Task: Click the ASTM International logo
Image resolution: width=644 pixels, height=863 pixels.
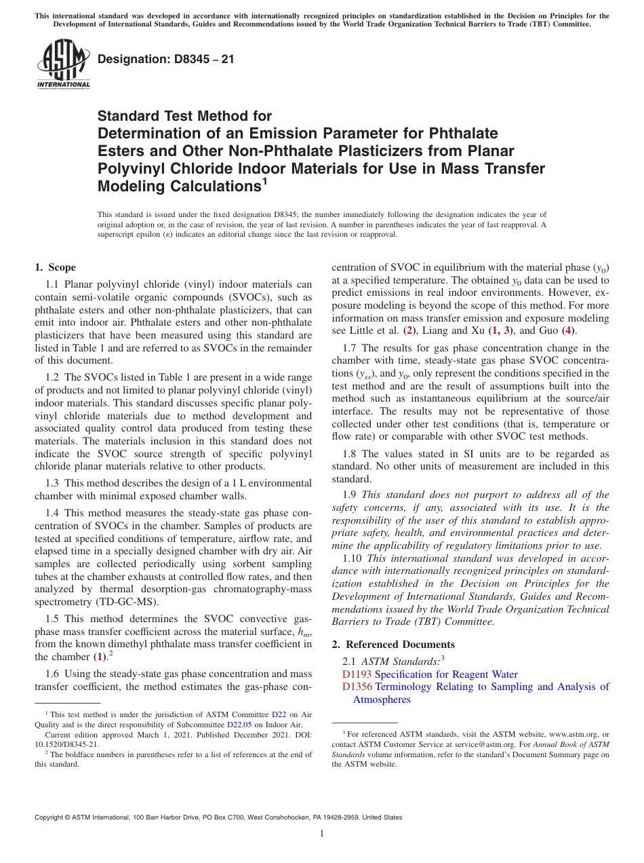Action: click(63, 64)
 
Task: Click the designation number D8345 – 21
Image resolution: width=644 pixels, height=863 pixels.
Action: click(166, 59)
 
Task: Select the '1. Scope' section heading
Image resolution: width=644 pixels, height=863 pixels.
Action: click(56, 267)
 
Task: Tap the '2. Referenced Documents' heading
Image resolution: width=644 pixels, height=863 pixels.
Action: click(393, 645)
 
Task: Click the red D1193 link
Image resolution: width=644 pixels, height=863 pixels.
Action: click(357, 674)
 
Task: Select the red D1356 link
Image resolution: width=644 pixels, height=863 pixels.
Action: click(357, 687)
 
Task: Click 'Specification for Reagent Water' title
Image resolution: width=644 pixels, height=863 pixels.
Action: click(446, 674)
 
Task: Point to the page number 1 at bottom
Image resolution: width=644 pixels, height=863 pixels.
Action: click(322, 834)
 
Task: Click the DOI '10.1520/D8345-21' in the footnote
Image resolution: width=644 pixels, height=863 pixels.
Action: click(66, 744)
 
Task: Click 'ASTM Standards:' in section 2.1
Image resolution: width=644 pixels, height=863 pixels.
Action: click(400, 661)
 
